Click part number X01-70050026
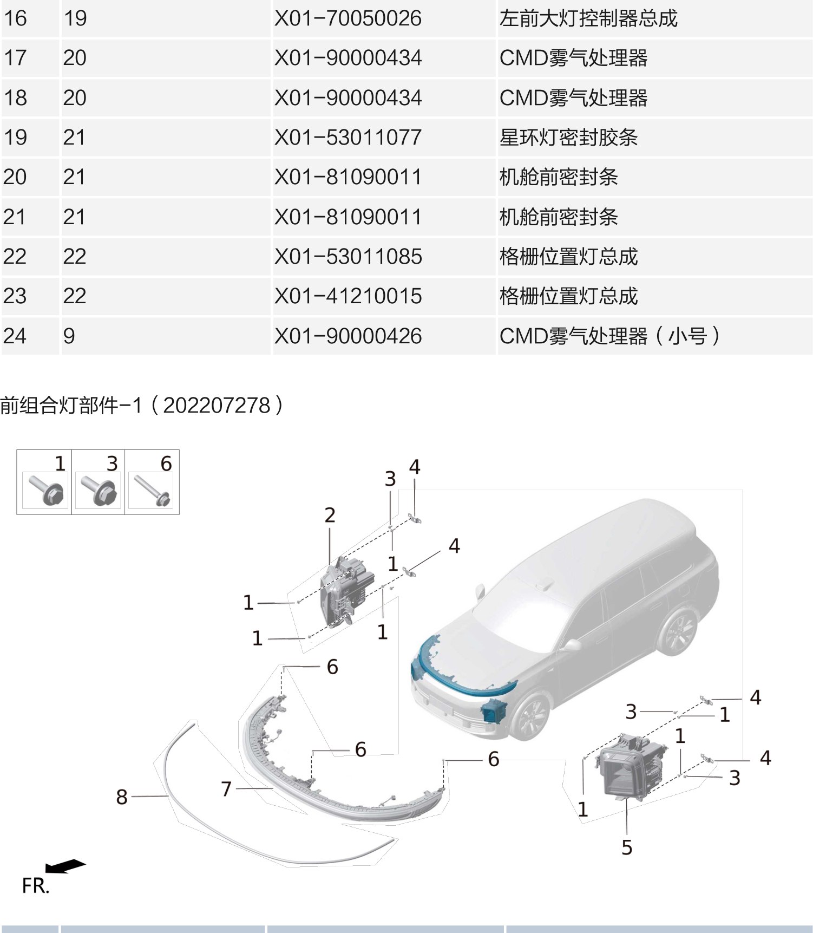[x=348, y=18]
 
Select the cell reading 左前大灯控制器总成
[x=588, y=18]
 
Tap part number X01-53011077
[x=348, y=138]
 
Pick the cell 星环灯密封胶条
[x=568, y=138]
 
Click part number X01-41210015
[x=348, y=296]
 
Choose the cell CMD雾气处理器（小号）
[x=609, y=336]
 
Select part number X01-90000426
[x=348, y=336]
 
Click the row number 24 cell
[x=15, y=336]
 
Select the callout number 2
[x=330, y=515]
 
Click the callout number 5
[x=627, y=847]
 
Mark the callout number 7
[x=226, y=789]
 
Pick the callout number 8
[x=122, y=797]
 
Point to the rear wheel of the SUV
[x=678, y=631]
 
